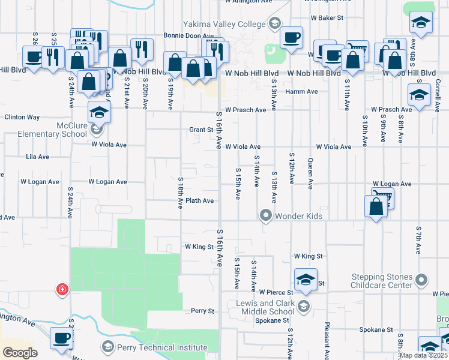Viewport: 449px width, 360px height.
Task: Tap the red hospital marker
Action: (61, 290)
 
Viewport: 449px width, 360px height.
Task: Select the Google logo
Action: (20, 352)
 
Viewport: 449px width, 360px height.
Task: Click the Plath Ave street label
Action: (200, 201)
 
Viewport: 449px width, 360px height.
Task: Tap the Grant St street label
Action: (202, 130)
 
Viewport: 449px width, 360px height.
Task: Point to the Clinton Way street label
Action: (22, 118)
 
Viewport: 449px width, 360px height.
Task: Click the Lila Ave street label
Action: (38, 157)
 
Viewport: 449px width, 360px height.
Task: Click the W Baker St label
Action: (327, 18)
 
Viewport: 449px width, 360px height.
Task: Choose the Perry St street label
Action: (203, 311)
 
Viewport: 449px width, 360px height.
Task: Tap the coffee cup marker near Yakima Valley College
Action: (291, 38)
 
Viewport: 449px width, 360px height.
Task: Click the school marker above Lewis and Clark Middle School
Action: (306, 280)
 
